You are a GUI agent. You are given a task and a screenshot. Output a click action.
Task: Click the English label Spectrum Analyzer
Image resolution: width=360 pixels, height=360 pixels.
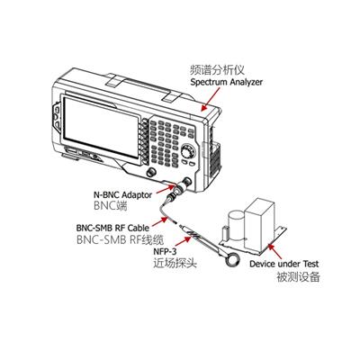227,82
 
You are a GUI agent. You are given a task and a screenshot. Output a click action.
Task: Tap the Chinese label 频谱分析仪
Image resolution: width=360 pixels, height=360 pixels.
218,69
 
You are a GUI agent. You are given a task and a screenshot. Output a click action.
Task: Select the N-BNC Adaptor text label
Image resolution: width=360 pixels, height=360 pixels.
123,195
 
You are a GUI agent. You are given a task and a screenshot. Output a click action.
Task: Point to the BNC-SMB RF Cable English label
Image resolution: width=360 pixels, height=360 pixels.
112,228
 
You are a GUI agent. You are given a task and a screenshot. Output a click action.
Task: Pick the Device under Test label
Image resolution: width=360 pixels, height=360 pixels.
284,264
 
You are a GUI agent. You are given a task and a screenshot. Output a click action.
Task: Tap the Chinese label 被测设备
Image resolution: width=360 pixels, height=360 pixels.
298,276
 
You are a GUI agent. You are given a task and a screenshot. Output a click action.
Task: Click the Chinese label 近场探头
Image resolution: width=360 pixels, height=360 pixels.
175,263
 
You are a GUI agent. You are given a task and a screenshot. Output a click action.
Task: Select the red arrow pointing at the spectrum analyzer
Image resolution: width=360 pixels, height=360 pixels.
210,100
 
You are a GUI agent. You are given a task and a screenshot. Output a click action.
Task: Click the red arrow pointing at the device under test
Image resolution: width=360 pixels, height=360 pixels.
274,251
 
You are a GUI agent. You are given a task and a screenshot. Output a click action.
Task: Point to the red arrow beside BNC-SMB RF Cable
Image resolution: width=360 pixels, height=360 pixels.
160,221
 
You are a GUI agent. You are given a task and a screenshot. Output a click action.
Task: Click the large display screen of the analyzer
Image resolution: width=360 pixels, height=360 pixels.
101,126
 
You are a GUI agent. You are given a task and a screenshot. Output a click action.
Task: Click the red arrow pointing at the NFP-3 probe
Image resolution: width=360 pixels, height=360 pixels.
183,241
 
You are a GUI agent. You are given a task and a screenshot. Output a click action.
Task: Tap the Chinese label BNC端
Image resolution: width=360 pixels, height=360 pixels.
111,206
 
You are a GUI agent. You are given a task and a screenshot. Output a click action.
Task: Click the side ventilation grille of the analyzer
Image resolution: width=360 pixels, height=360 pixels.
216,160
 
